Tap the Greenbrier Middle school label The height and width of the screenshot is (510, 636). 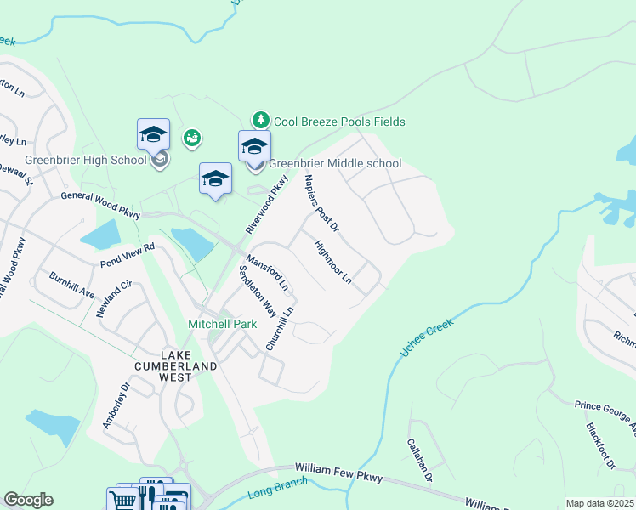click(335, 163)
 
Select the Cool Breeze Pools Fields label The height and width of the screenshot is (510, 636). click(338, 122)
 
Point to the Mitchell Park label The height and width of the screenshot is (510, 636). click(216, 325)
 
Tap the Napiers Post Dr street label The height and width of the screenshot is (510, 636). click(321, 204)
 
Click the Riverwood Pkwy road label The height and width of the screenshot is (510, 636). click(267, 205)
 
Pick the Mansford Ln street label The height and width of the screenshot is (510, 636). click(268, 274)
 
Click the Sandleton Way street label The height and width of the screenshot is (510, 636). click(257, 290)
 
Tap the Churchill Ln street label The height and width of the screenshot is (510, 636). click(280, 329)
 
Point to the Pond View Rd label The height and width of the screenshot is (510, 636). click(127, 254)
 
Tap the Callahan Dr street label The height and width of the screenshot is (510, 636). click(420, 459)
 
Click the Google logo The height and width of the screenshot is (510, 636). click(28, 500)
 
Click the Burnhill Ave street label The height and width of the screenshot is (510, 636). click(71, 286)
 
